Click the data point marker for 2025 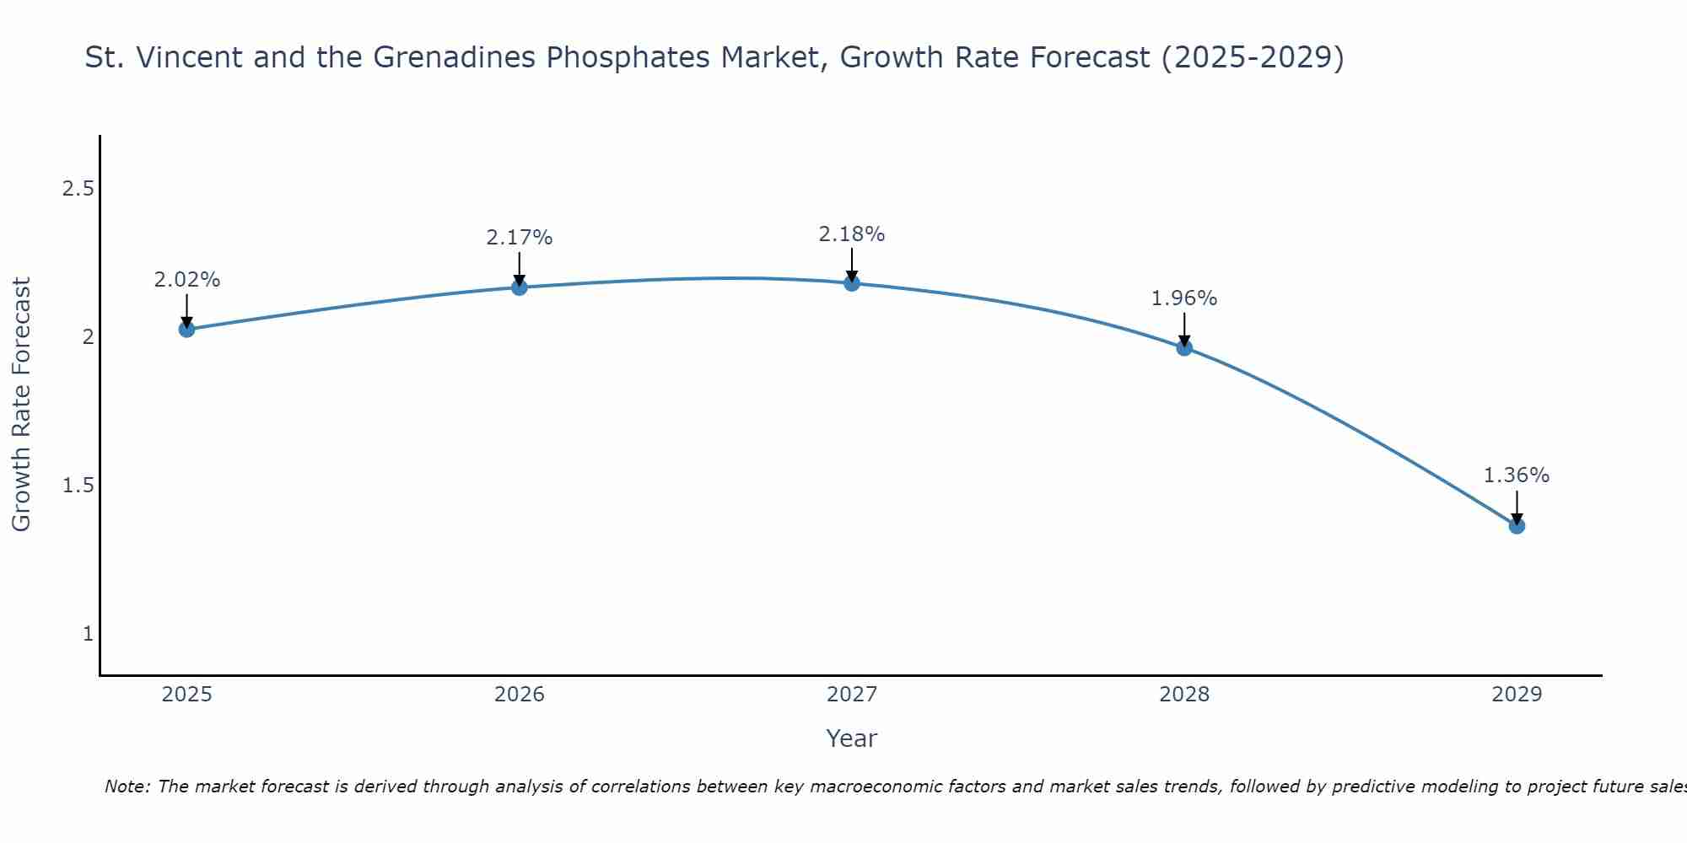click(x=186, y=329)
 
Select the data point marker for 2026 click(x=519, y=287)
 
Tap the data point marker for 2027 click(x=851, y=282)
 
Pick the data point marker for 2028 click(x=1183, y=347)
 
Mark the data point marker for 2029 click(x=1516, y=525)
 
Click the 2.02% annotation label click(x=186, y=280)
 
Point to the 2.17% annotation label click(x=519, y=238)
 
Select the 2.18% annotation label click(x=851, y=234)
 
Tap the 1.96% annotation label click(x=1183, y=298)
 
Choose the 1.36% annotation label click(x=1516, y=475)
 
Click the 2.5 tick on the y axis click(x=78, y=189)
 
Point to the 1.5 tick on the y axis click(x=78, y=486)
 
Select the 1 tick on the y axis click(x=88, y=634)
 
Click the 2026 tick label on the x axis click(x=519, y=695)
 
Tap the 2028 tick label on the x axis click(x=1183, y=695)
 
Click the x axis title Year click(x=851, y=738)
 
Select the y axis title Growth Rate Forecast click(x=21, y=405)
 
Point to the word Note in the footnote click(x=127, y=787)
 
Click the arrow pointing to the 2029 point click(x=1516, y=508)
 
